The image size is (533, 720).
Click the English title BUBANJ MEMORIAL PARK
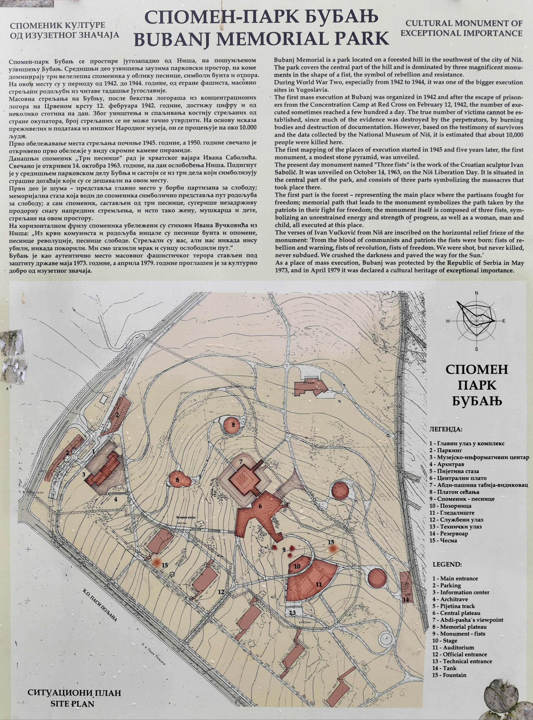[x=261, y=38]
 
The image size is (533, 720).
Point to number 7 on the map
[x=241, y=462]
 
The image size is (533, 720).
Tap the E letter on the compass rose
[x=503, y=321]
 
